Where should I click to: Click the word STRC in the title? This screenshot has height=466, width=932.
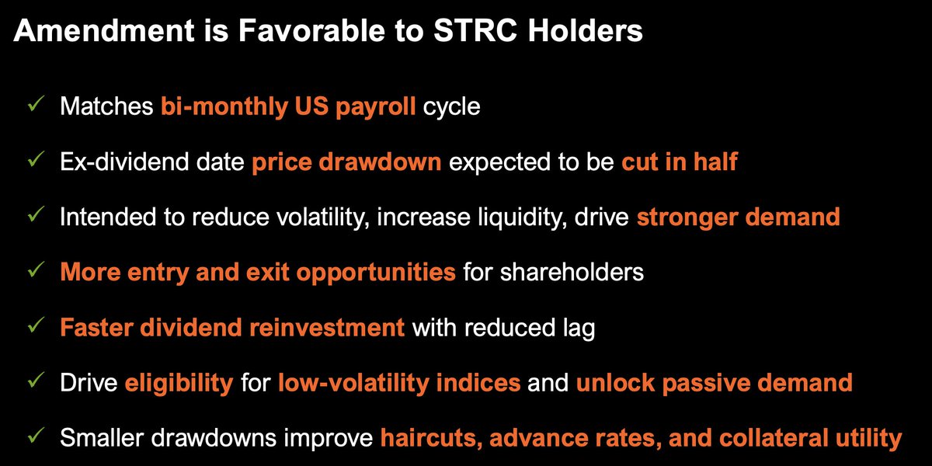(x=475, y=30)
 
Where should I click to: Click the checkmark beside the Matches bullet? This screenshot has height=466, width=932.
(x=37, y=103)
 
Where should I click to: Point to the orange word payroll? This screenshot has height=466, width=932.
(x=376, y=107)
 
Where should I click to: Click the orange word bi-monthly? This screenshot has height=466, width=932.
(x=224, y=107)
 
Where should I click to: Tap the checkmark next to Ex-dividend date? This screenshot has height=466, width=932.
(x=37, y=159)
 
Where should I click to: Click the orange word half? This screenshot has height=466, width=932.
(x=715, y=162)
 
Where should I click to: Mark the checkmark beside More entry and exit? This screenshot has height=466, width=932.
(x=37, y=270)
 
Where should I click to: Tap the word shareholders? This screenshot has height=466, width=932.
(x=572, y=273)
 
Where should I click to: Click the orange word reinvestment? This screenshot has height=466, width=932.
(x=327, y=328)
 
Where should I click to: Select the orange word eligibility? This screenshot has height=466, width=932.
(x=179, y=384)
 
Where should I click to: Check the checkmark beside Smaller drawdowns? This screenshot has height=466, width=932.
(x=37, y=435)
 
